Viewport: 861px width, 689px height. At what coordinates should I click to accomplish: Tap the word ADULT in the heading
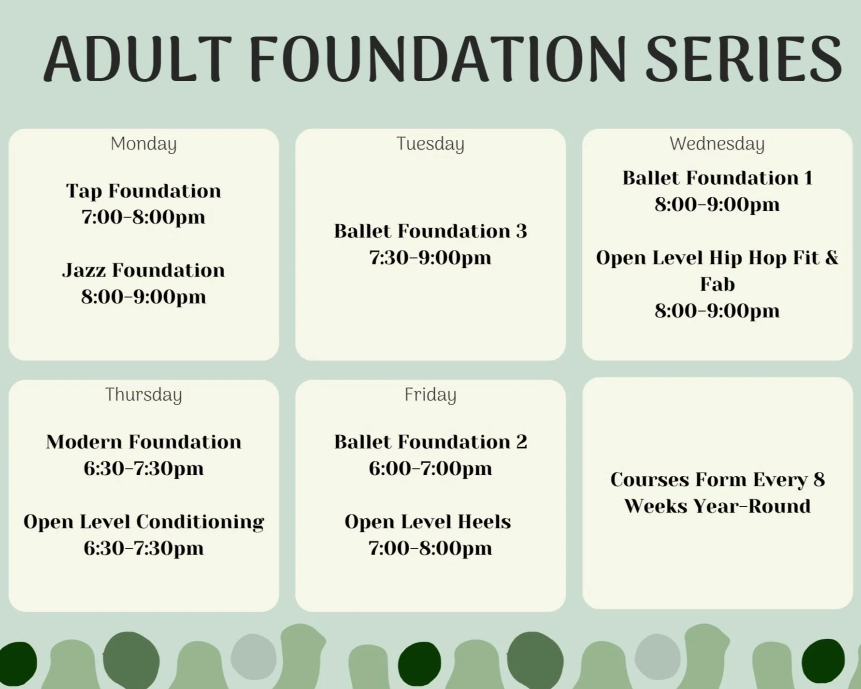click(x=138, y=59)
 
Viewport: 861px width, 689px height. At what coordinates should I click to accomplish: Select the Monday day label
click(x=143, y=144)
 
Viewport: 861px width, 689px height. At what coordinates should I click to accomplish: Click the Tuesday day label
click(x=430, y=144)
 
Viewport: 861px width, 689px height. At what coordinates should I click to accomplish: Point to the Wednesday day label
click(x=717, y=144)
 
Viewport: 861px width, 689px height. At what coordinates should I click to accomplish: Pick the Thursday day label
click(x=143, y=395)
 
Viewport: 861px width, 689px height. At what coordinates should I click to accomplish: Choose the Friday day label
click(x=430, y=395)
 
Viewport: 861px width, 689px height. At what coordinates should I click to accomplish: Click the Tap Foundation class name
click(x=143, y=191)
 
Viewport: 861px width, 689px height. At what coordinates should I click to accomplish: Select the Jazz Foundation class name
click(x=143, y=270)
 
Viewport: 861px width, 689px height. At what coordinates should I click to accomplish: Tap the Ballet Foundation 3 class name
click(x=430, y=231)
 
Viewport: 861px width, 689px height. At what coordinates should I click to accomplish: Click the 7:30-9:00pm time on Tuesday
click(x=430, y=257)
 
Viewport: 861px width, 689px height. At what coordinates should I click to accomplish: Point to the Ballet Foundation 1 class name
click(x=717, y=177)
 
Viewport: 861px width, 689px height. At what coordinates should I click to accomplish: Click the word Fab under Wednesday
click(x=717, y=284)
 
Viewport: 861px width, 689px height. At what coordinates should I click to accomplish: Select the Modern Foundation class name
click(x=143, y=441)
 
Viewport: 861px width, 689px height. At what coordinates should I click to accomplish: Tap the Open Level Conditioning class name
click(x=143, y=522)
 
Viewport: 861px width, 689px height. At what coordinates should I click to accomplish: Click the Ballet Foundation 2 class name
click(x=430, y=441)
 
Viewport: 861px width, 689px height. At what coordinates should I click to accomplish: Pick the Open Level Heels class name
click(x=428, y=522)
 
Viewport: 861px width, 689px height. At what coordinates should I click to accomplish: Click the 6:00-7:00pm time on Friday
click(x=430, y=468)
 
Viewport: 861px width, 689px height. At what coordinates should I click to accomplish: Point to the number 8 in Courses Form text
click(x=818, y=480)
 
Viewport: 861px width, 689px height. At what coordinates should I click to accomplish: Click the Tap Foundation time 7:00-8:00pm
click(x=143, y=217)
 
